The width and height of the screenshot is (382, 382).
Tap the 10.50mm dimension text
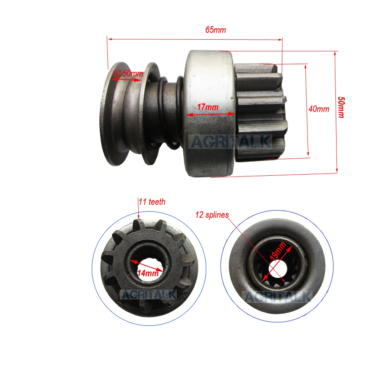pyautogui.click(x=128, y=73)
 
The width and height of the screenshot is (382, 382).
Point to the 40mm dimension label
pyautogui.click(x=319, y=109)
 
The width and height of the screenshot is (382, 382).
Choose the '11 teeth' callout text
pyautogui.click(x=152, y=202)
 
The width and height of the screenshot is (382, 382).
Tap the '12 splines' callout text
pyautogui.click(x=212, y=214)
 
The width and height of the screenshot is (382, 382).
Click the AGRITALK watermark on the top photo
pyautogui.click(x=231, y=142)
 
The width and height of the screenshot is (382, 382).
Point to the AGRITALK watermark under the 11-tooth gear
pyautogui.click(x=149, y=295)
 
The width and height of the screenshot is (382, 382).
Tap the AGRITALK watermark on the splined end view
pyautogui.click(x=278, y=296)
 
